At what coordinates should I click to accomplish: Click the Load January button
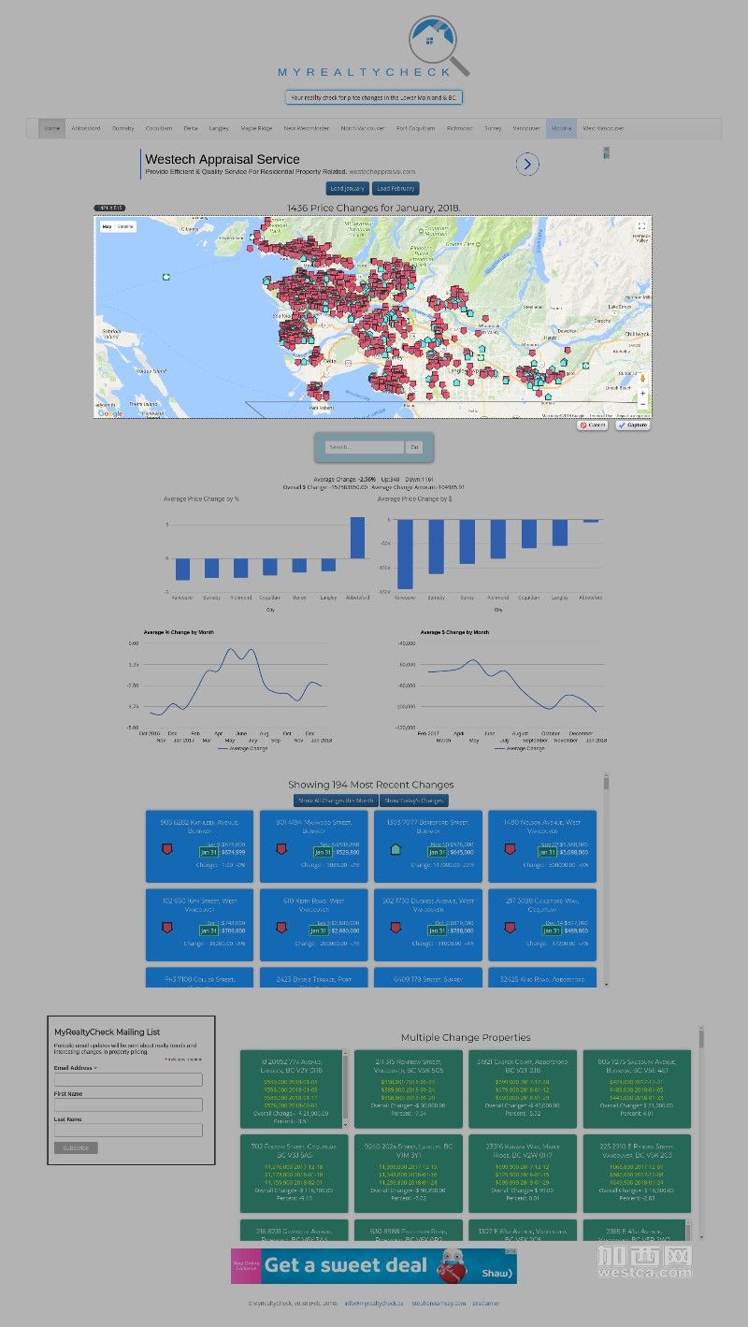(x=348, y=189)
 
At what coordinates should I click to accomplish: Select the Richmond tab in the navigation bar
(x=459, y=128)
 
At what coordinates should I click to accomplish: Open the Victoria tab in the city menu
(x=561, y=128)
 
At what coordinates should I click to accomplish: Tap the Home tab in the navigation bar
(x=51, y=128)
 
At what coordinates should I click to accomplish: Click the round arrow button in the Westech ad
(x=527, y=165)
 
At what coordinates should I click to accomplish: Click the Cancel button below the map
(x=592, y=426)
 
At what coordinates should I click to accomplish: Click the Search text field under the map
(x=365, y=448)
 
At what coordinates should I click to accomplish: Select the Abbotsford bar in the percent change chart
(x=357, y=538)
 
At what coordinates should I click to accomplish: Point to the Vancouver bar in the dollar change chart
(x=405, y=554)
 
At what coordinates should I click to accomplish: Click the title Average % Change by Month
(x=179, y=632)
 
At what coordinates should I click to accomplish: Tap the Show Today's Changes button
(x=414, y=801)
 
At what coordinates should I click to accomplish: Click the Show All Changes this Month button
(x=335, y=801)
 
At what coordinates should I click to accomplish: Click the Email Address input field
(x=128, y=1079)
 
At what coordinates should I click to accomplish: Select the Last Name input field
(x=128, y=1130)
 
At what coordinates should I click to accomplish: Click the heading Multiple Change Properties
(x=465, y=1037)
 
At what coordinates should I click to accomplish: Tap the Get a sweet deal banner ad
(x=374, y=1266)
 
